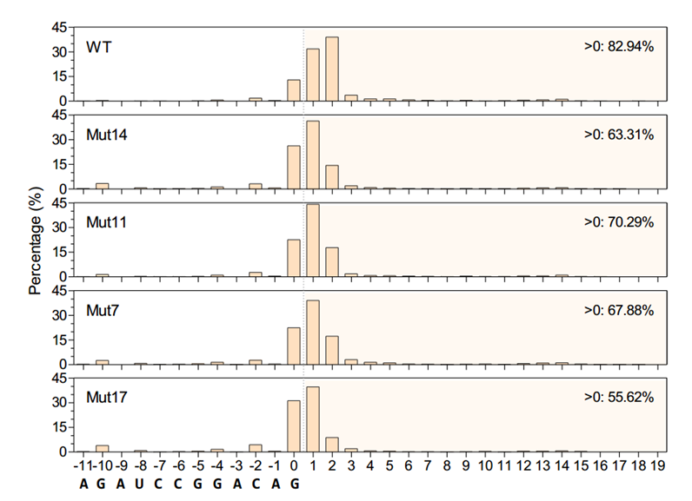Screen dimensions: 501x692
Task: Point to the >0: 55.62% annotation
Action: point(619,397)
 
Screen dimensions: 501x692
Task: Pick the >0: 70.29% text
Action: point(619,222)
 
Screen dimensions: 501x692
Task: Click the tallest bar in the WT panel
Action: point(331,69)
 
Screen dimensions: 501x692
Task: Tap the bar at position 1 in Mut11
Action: point(313,241)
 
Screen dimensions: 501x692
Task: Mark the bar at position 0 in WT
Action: point(294,90)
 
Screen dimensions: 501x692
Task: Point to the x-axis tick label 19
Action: point(657,467)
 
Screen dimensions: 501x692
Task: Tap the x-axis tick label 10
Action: point(485,467)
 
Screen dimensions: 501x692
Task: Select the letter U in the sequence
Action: point(140,485)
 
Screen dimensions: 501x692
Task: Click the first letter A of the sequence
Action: point(83,485)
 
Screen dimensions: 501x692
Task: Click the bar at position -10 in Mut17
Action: point(103,447)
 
